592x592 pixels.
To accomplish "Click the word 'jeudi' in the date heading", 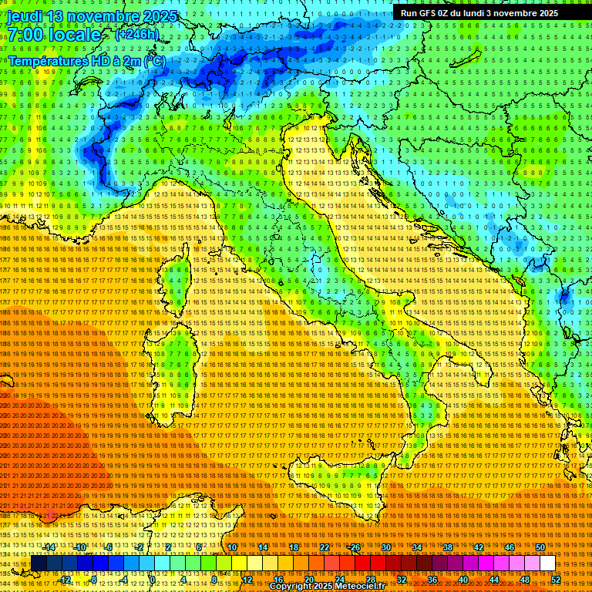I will pyautogui.click(x=24, y=16).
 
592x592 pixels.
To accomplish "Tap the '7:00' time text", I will pyautogui.click(x=26, y=35).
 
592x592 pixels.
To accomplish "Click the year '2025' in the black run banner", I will pyautogui.click(x=548, y=13).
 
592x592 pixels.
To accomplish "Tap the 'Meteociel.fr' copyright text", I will pyautogui.click(x=363, y=586).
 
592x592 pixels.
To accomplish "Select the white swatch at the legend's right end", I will pyautogui.click(x=547, y=563).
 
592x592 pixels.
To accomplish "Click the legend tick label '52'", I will pyautogui.click(x=555, y=579).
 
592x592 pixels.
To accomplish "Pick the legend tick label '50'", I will pyautogui.click(x=540, y=547).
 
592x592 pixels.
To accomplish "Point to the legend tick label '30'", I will pyautogui.click(x=386, y=547).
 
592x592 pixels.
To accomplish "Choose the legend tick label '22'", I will pyautogui.click(x=325, y=547).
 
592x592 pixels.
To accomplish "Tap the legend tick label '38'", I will pyautogui.click(x=448, y=547).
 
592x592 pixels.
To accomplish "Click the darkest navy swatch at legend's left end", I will pyautogui.click(x=39, y=563).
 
